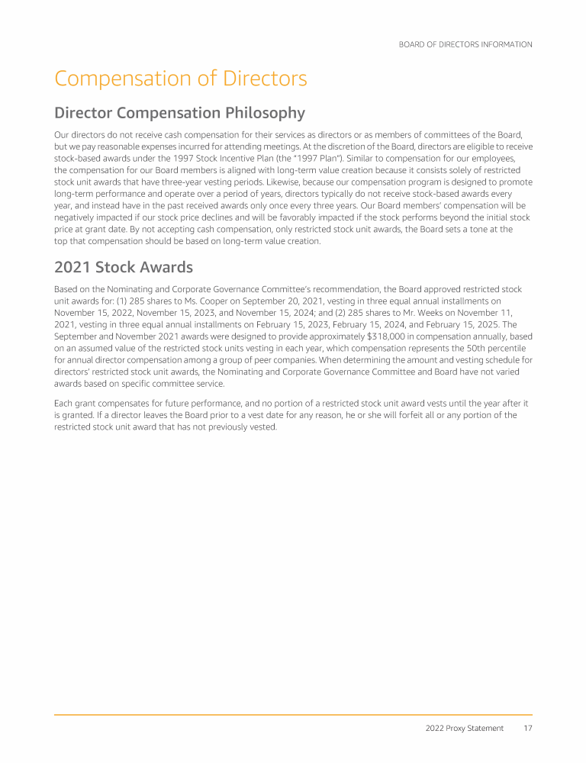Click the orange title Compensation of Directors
[x=180, y=79]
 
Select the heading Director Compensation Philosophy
[x=179, y=113]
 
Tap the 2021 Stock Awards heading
[x=124, y=267]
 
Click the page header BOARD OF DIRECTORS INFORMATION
[x=465, y=44]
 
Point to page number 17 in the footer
[x=527, y=728]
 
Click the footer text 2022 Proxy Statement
[x=464, y=728]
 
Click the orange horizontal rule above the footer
[x=293, y=715]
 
